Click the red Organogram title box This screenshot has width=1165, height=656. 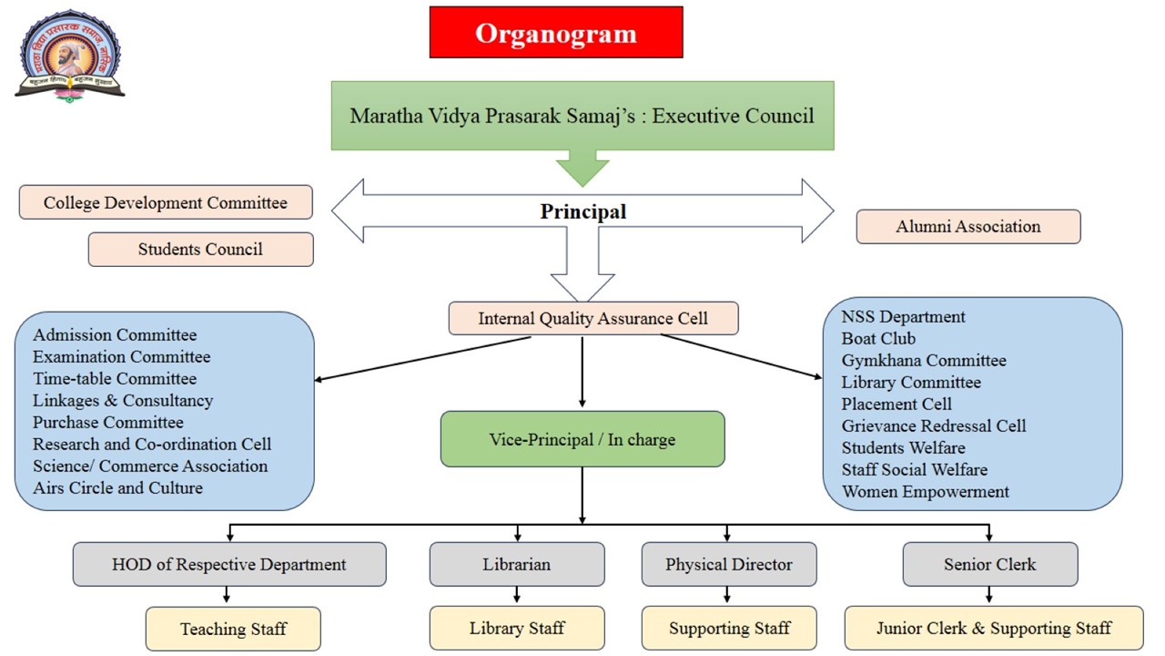click(555, 33)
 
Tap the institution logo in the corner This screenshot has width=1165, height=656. click(69, 56)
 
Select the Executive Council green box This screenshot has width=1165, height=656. click(582, 116)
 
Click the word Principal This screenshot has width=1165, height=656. click(582, 211)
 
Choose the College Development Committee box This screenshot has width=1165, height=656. click(166, 202)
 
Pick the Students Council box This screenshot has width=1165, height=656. click(200, 249)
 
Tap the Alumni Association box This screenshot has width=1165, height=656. click(967, 226)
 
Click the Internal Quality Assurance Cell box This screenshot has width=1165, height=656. click(593, 318)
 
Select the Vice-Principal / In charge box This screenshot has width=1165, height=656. click(582, 439)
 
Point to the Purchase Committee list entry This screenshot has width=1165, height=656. click(108, 422)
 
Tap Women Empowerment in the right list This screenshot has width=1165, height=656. click(925, 491)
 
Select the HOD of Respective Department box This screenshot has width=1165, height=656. click(229, 564)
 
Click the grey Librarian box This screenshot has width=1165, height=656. click(516, 564)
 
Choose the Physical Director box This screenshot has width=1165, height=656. click(728, 564)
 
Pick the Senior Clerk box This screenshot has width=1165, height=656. click(989, 564)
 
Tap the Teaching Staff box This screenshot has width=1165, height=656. click(233, 629)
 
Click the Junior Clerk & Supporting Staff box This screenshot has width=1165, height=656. click(993, 628)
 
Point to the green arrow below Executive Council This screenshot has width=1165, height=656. click(582, 168)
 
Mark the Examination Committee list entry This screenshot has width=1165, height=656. click(121, 356)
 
